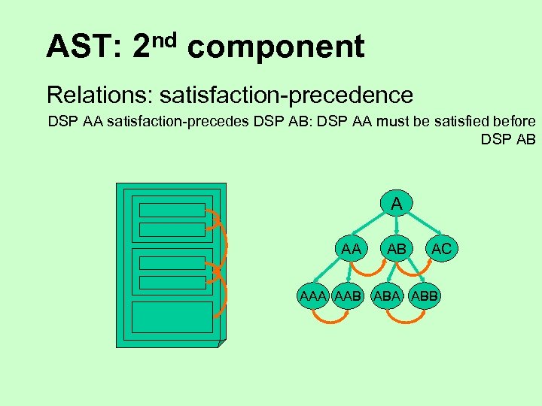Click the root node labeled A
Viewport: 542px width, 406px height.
pyautogui.click(x=397, y=203)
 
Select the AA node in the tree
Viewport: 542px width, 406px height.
pyautogui.click(x=350, y=248)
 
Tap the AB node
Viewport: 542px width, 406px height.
pyautogui.click(x=397, y=248)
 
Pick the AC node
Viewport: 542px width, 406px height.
pyautogui.click(x=441, y=248)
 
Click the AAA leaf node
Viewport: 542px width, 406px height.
pyautogui.click(x=312, y=296)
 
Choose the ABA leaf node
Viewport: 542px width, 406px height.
pyautogui.click(x=386, y=296)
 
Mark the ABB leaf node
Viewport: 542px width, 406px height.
pyautogui.click(x=424, y=296)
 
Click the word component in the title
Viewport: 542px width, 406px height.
pyautogui.click(x=276, y=47)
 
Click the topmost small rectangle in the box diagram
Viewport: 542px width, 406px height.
pyautogui.click(x=172, y=210)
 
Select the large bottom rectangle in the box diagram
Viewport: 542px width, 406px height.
pyautogui.click(x=172, y=317)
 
